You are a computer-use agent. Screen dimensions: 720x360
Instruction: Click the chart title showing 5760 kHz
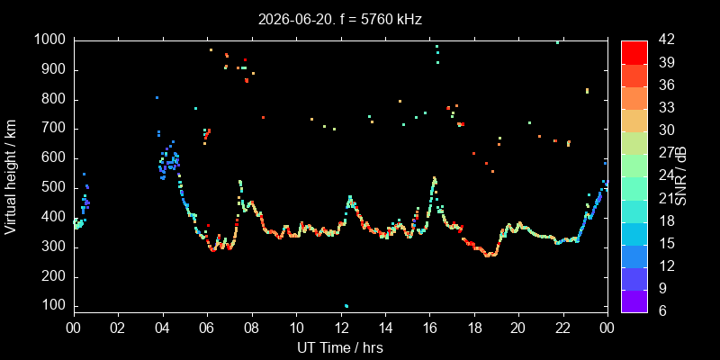340,20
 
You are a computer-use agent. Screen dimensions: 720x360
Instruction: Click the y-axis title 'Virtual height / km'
11,177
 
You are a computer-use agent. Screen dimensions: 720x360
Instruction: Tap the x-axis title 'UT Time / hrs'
340,348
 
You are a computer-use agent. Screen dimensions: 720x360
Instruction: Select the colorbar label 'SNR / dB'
680,177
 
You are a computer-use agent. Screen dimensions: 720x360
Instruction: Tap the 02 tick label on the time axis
119,328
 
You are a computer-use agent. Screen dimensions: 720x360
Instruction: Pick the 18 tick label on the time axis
474,328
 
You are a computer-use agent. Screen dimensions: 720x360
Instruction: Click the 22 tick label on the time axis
563,328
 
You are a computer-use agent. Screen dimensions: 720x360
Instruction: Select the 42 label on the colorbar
666,40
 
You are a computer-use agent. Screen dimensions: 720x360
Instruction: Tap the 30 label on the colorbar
666,130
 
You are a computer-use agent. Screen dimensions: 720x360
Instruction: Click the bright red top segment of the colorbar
634,52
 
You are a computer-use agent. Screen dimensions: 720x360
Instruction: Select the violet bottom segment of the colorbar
634,301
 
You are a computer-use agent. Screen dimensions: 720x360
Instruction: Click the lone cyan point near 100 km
346,306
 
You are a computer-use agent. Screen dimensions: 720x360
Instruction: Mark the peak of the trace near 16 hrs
435,177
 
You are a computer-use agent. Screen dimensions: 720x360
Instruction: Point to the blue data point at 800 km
157,97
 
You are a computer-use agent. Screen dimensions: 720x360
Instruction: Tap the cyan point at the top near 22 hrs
557,42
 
